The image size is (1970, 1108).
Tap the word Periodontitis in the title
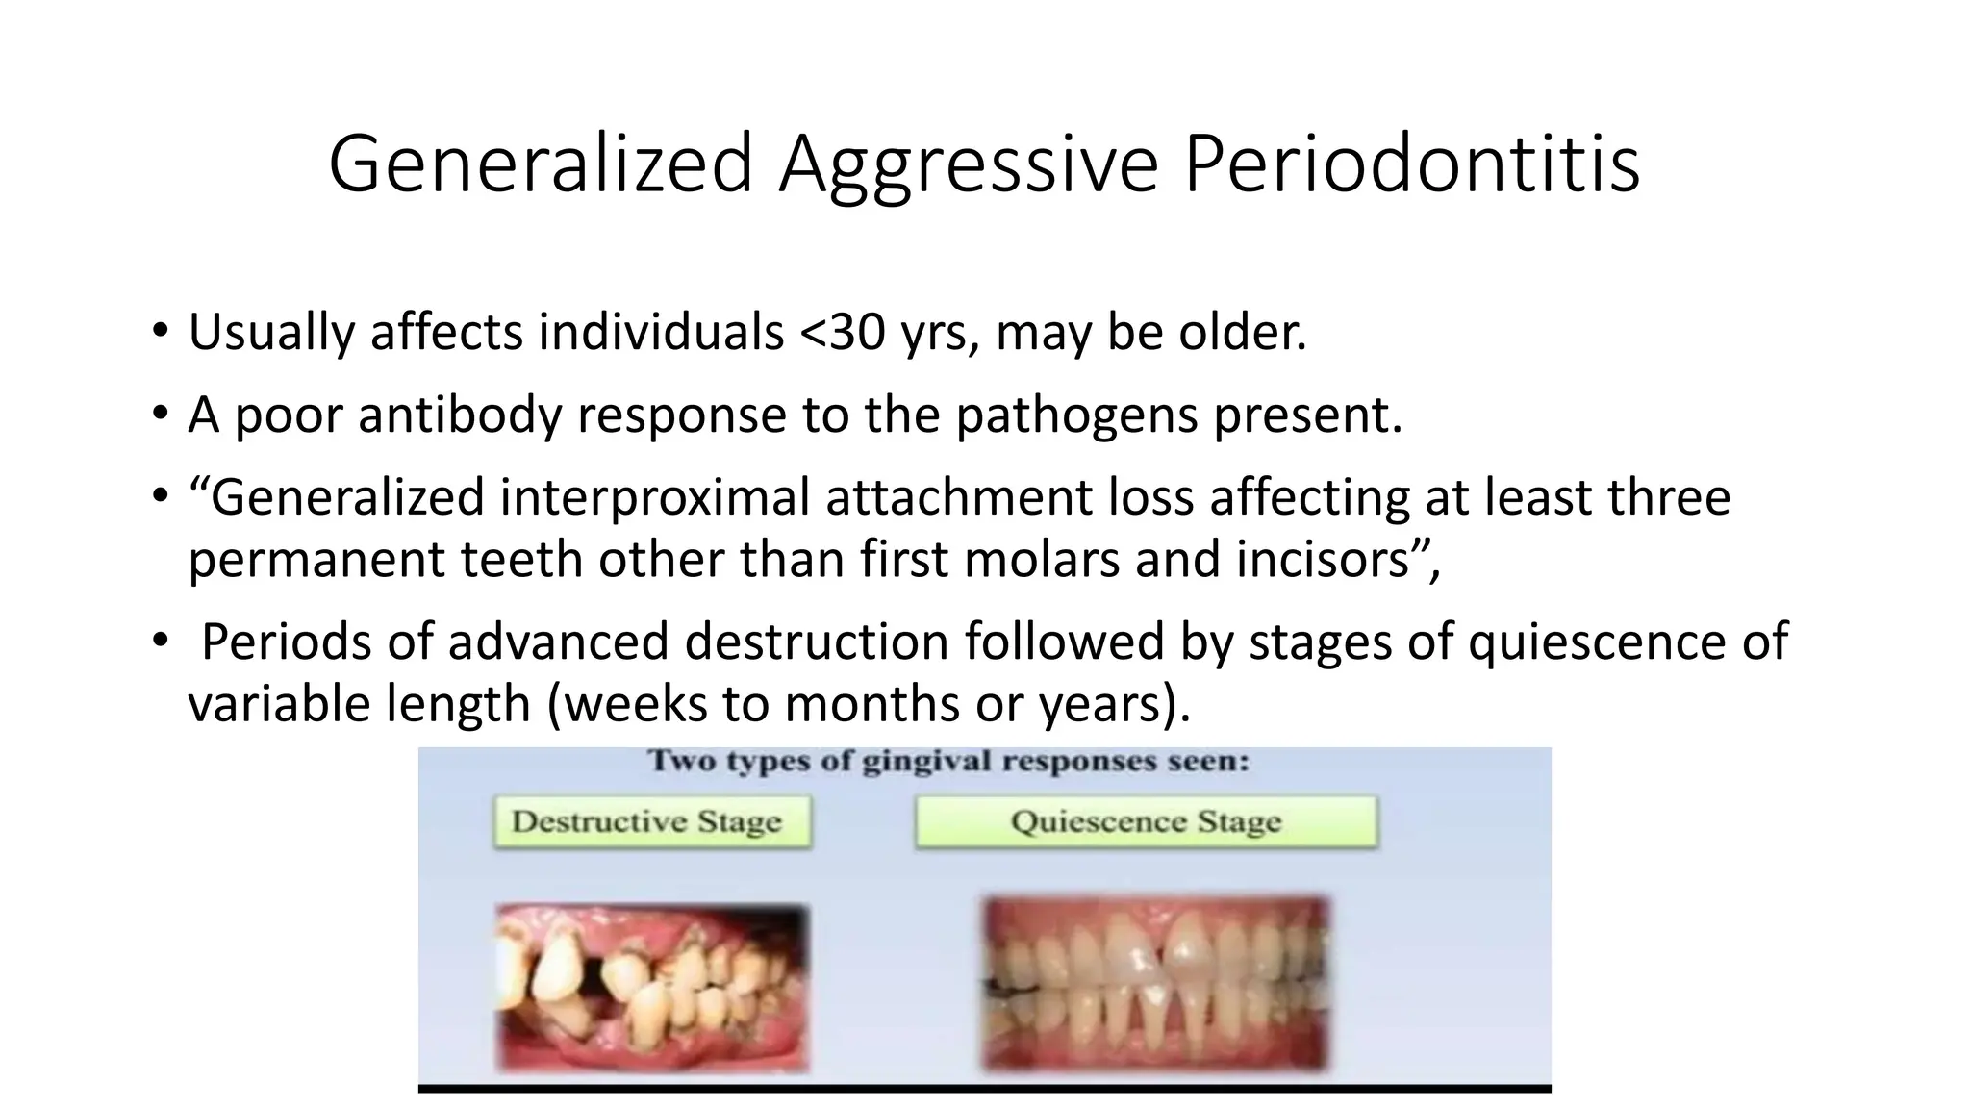click(1411, 165)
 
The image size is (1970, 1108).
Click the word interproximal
click(654, 498)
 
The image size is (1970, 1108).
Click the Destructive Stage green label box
click(652, 821)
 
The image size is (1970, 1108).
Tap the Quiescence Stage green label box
click(1146, 821)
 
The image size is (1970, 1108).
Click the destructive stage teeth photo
click(652, 987)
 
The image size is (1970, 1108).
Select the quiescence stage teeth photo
click(1155, 983)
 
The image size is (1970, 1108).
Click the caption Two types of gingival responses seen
click(947, 762)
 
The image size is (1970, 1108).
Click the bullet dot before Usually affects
click(160, 333)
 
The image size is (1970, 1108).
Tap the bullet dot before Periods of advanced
click(160, 642)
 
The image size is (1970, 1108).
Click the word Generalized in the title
click(540, 165)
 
